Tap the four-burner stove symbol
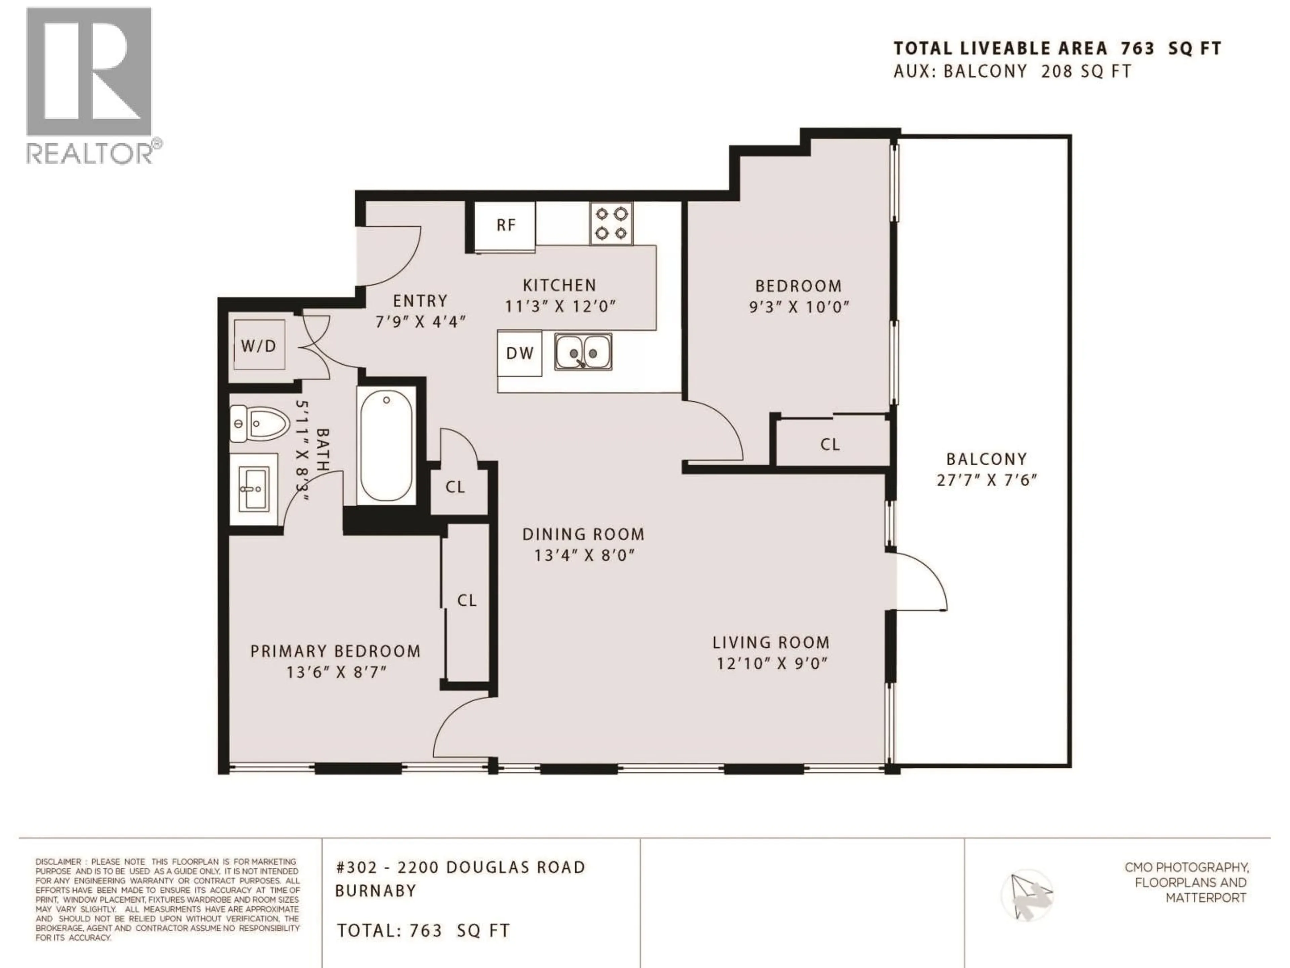click(x=611, y=224)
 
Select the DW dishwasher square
click(x=519, y=353)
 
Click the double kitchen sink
click(x=583, y=352)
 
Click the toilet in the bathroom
click(x=260, y=423)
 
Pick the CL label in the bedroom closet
click(x=830, y=445)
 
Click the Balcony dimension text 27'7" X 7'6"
click(x=987, y=480)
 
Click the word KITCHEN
click(x=559, y=285)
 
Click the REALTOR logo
click(x=90, y=86)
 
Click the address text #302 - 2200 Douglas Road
click(x=461, y=868)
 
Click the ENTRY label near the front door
click(x=420, y=301)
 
